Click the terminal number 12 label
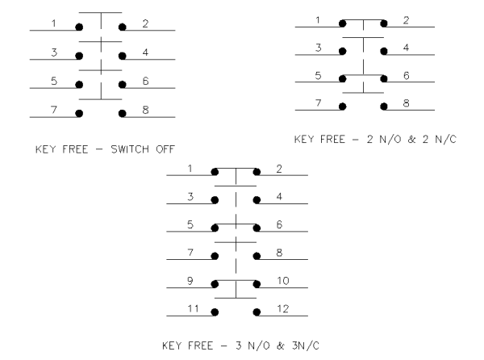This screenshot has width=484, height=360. (x=283, y=308)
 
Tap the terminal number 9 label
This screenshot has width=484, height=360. (x=190, y=281)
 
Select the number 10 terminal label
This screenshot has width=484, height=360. (x=283, y=281)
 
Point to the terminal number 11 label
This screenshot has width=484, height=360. (x=194, y=308)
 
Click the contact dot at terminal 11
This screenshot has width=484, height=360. (x=215, y=312)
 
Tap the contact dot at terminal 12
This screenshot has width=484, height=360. (x=257, y=312)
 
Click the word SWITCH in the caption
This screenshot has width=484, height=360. (x=130, y=149)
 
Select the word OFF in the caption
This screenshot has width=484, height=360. (x=165, y=149)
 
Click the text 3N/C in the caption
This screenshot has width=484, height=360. (x=306, y=345)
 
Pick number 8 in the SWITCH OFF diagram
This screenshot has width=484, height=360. (x=145, y=110)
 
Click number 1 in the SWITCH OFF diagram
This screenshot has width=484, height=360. (x=54, y=23)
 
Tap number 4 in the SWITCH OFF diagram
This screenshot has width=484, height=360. (x=145, y=52)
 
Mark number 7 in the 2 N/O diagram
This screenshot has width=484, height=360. (x=319, y=103)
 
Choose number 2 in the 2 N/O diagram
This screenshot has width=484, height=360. (x=407, y=20)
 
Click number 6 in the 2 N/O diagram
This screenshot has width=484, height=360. (x=407, y=75)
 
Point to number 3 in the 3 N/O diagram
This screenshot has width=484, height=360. (x=190, y=197)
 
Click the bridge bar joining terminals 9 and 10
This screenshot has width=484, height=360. (x=236, y=280)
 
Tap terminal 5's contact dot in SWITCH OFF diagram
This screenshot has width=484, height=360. (x=79, y=84)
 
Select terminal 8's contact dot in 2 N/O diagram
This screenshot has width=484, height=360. (x=384, y=107)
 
